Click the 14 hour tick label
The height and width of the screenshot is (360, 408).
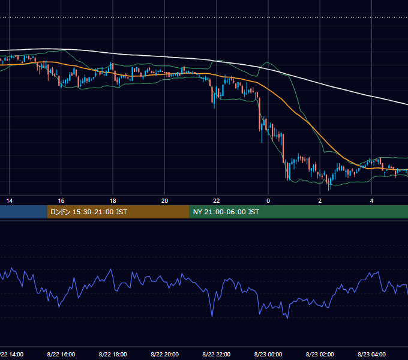click(10, 201)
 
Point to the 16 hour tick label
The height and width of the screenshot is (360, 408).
click(61, 201)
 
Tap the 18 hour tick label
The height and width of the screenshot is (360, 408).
click(113, 201)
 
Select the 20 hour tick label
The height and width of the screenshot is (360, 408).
click(165, 201)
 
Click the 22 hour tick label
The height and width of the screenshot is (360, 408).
click(217, 201)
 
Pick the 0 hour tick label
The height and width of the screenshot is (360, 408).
click(268, 201)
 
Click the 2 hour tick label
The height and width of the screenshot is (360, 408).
click(320, 201)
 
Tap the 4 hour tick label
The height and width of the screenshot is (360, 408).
click(371, 201)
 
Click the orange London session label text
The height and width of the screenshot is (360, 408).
click(88, 212)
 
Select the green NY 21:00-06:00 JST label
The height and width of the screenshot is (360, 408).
click(226, 212)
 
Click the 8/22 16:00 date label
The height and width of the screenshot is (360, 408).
click(61, 354)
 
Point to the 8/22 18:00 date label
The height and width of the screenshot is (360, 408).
click(113, 354)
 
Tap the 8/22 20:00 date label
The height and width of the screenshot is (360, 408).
click(165, 354)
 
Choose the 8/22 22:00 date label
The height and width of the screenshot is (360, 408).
click(217, 354)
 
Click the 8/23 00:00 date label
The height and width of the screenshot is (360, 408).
click(268, 354)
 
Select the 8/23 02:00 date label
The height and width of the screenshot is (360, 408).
click(320, 354)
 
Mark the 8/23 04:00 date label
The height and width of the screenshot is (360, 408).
click(371, 354)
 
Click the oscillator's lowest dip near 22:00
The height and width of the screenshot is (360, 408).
click(212, 316)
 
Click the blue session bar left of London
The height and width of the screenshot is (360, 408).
click(23, 212)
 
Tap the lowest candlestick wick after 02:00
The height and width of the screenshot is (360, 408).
click(329, 190)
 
